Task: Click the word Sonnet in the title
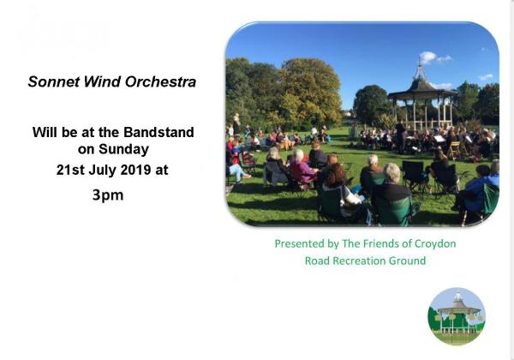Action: click(x=54, y=82)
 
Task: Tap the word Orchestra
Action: click(x=161, y=82)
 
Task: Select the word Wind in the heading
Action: click(x=103, y=82)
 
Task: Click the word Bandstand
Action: click(x=158, y=133)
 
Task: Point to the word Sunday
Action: click(x=123, y=149)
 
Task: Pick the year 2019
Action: click(x=135, y=171)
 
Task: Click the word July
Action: click(x=103, y=171)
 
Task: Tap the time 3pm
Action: click(x=108, y=195)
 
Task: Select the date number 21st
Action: click(x=70, y=171)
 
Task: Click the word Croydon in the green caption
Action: click(x=435, y=244)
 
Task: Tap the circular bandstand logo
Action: click(x=457, y=316)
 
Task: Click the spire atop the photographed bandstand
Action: click(x=419, y=69)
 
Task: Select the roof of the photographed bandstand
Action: click(x=421, y=88)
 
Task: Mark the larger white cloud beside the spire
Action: click(x=427, y=57)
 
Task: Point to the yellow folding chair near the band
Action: click(x=454, y=150)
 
